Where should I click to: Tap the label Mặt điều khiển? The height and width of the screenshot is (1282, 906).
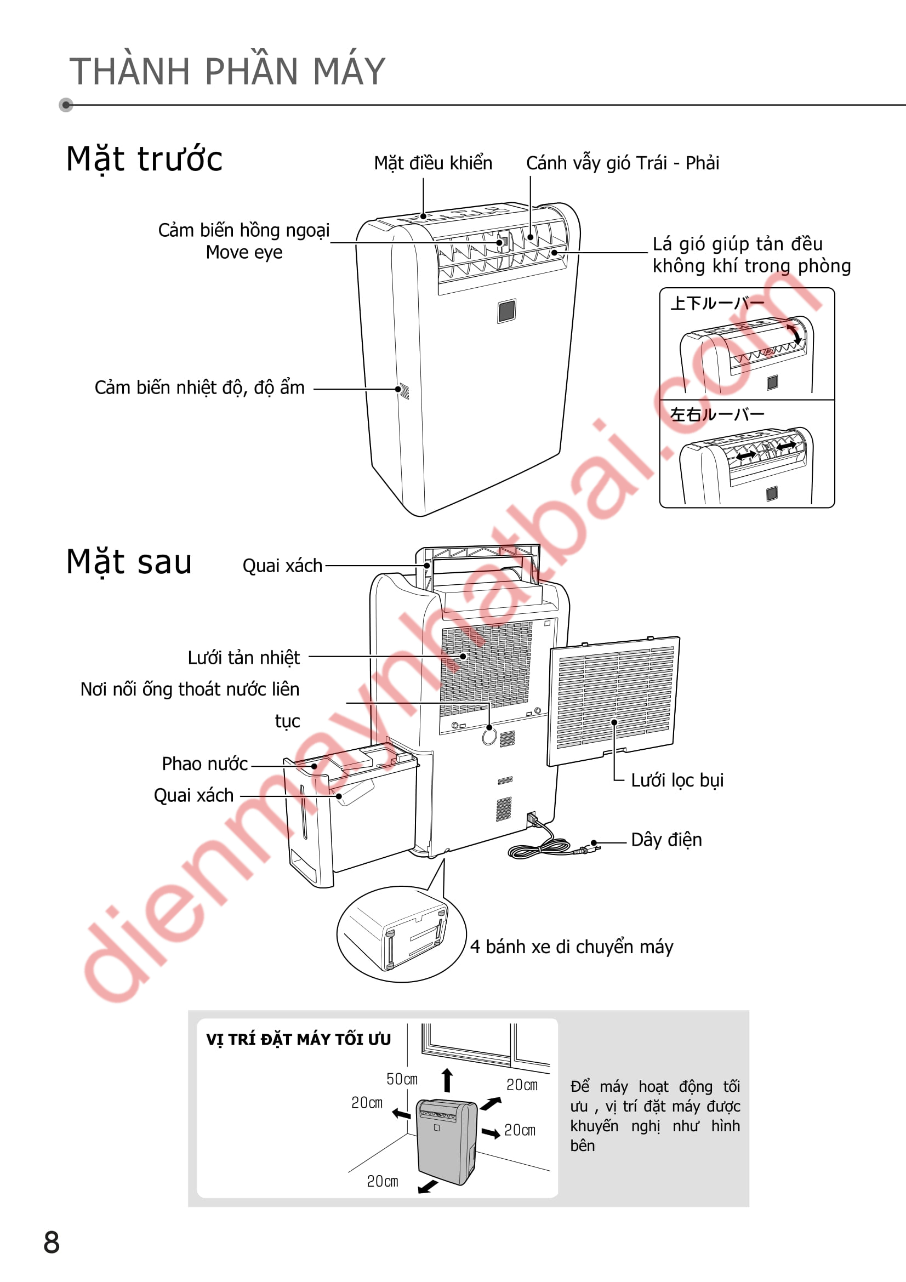coord(433,163)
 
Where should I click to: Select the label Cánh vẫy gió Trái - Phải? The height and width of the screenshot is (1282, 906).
coord(623,163)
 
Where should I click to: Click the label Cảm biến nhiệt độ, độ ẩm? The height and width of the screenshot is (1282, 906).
coord(200,388)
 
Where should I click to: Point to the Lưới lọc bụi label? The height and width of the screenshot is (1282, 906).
coord(677,780)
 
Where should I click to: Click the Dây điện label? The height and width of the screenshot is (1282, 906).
coord(666,840)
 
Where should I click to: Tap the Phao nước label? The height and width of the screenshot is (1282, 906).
coord(205,763)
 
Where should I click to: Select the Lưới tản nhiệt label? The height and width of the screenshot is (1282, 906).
coord(244,657)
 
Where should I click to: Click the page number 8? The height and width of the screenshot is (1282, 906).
coord(52,1243)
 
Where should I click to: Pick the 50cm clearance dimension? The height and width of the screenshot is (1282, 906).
coord(402,1079)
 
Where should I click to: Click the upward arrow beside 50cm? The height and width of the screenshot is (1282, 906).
coord(447,1080)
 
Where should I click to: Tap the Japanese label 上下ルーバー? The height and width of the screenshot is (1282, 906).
coord(717,303)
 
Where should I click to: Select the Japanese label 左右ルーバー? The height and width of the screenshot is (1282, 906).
coord(717,414)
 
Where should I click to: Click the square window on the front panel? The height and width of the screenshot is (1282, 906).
coord(507,311)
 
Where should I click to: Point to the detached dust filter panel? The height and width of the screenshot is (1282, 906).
coord(613,701)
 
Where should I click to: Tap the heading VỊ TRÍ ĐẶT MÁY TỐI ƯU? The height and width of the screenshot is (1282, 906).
coord(299,1040)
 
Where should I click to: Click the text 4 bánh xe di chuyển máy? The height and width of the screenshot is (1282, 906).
coord(572,947)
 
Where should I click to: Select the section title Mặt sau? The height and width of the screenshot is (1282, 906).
coord(129,562)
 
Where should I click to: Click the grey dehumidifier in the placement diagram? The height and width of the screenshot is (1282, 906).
coord(447,1141)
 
